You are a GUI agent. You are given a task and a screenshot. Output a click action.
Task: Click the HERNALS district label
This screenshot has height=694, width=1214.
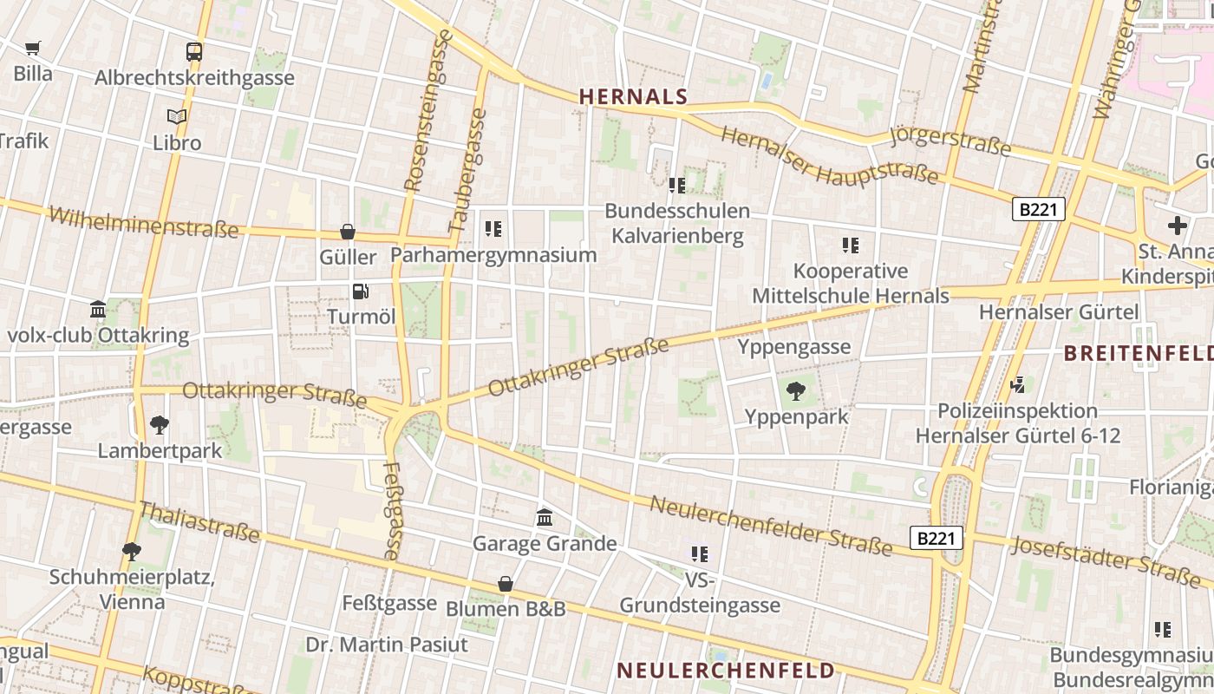(x=633, y=96)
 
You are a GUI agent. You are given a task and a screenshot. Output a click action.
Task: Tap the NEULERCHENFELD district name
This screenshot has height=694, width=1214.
(x=725, y=670)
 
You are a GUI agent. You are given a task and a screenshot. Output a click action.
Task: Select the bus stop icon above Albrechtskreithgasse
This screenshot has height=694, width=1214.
(x=194, y=52)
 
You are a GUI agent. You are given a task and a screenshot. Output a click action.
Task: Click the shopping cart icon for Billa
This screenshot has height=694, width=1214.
(x=33, y=48)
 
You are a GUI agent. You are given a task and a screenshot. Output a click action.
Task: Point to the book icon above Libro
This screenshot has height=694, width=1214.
(x=177, y=116)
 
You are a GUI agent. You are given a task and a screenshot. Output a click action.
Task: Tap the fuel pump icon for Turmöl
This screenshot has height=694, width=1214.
(x=360, y=291)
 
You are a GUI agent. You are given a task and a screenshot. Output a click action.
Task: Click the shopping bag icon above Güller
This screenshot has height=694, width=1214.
(x=348, y=232)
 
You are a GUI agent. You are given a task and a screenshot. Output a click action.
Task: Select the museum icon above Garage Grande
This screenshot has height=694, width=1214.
(x=545, y=518)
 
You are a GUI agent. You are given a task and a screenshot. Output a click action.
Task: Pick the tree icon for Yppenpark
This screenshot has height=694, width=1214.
(x=795, y=391)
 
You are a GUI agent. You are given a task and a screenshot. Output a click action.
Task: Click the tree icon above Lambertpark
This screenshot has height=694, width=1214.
(x=159, y=425)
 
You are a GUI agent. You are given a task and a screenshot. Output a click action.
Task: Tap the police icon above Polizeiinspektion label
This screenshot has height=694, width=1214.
(x=1018, y=384)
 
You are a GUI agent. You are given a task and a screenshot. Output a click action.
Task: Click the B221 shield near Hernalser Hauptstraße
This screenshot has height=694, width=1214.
(x=1038, y=209)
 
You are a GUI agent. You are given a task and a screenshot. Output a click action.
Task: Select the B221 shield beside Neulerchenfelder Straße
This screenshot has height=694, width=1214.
(x=937, y=538)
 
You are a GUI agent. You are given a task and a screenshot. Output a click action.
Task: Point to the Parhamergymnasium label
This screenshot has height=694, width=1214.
(x=493, y=254)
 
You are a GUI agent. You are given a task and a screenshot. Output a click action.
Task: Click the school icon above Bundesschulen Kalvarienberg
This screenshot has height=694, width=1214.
(x=677, y=185)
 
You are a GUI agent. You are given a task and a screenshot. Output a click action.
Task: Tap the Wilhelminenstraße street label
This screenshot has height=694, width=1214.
(x=143, y=221)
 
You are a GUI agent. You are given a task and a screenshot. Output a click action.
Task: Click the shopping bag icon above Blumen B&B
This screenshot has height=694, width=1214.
(x=506, y=584)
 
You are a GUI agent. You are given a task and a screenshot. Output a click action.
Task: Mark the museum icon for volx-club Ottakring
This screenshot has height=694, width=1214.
(x=98, y=310)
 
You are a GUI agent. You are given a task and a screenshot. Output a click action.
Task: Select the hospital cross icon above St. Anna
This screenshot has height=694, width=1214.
(x=1177, y=226)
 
